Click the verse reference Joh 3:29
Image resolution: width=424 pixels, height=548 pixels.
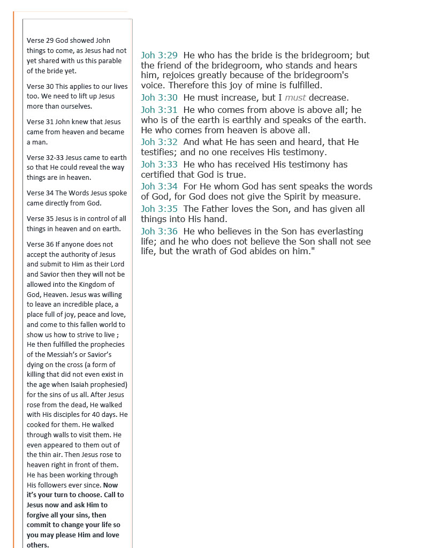click(x=159, y=55)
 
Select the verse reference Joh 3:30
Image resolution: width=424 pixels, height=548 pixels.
click(x=159, y=97)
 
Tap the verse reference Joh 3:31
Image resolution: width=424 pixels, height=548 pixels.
click(x=159, y=110)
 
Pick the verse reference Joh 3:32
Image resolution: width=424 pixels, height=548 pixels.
click(x=159, y=142)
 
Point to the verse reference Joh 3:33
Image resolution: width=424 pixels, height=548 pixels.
click(x=159, y=164)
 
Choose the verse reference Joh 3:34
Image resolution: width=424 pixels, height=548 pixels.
click(x=159, y=186)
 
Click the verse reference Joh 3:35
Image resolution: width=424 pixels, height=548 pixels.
click(x=159, y=209)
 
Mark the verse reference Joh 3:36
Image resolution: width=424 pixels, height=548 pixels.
click(x=159, y=231)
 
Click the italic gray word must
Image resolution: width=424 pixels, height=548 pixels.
click(x=295, y=97)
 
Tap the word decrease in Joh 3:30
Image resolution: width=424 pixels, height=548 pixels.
click(x=329, y=97)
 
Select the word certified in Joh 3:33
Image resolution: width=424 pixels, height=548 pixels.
click(x=160, y=174)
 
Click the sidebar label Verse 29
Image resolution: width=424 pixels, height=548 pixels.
click(x=40, y=41)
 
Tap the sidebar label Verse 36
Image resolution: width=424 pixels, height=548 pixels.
click(x=40, y=245)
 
